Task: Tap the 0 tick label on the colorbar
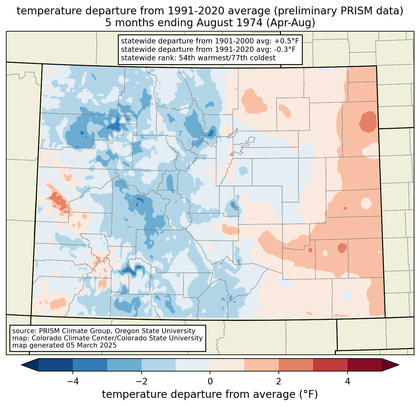[210, 381]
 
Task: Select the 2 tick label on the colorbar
[279, 381]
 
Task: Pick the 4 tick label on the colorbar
[347, 381]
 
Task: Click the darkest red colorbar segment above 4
[364, 365]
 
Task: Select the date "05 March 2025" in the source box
[91, 345]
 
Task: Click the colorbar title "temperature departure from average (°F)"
[210, 394]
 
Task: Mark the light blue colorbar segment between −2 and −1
[158, 365]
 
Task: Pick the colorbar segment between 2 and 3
[296, 365]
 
